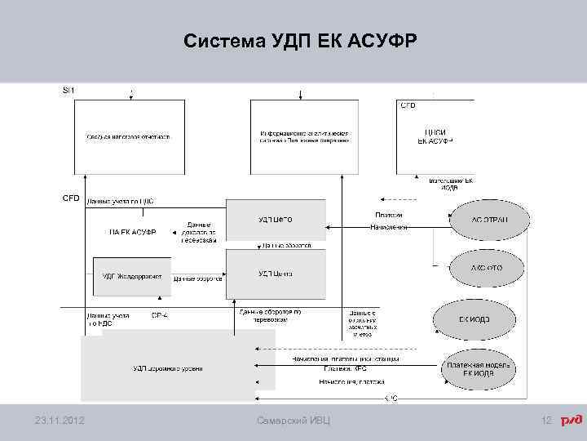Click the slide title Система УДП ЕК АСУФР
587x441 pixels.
click(300, 42)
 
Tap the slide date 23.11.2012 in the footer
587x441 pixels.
click(62, 421)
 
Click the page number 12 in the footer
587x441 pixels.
click(547, 421)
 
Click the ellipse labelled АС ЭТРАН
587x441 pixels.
click(489, 220)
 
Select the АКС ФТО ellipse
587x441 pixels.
click(488, 267)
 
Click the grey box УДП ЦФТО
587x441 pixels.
click(276, 220)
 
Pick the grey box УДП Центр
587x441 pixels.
click(276, 274)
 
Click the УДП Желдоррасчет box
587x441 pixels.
click(132, 276)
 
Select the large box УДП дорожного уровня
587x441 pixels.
click(167, 368)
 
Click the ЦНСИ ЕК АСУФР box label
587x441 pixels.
click(435, 136)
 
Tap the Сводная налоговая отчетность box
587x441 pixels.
click(129, 136)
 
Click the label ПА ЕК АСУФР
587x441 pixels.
click(133, 231)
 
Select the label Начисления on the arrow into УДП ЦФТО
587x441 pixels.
click(388, 227)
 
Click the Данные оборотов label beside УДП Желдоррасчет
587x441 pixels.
click(194, 278)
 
